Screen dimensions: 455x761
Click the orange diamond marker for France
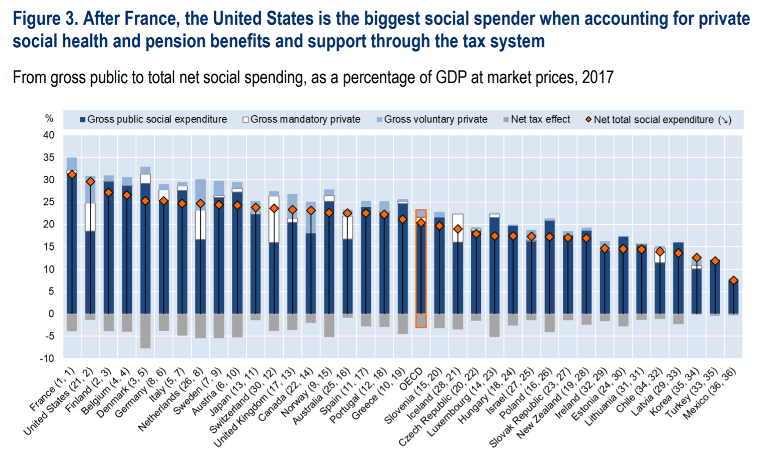pos(72,175)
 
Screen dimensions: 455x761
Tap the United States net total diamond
pos(91,182)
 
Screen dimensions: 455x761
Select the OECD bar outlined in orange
pos(421,269)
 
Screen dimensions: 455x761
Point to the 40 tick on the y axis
pos(49,135)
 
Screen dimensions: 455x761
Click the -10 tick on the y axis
pos(47,358)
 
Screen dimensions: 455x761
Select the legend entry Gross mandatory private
pos(302,119)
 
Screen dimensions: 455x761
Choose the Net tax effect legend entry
pos(537,119)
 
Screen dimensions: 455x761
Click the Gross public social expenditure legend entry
pos(153,119)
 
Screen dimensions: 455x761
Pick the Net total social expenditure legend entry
pos(658,120)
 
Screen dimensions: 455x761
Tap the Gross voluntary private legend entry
pos(432,119)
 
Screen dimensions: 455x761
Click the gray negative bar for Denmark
pos(145,331)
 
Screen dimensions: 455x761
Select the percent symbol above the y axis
pos(49,118)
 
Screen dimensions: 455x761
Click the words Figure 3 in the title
pos(44,19)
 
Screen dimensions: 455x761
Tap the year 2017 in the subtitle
pos(598,78)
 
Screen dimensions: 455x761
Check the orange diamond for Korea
pos(697,258)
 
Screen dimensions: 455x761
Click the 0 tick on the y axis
pos(51,314)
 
